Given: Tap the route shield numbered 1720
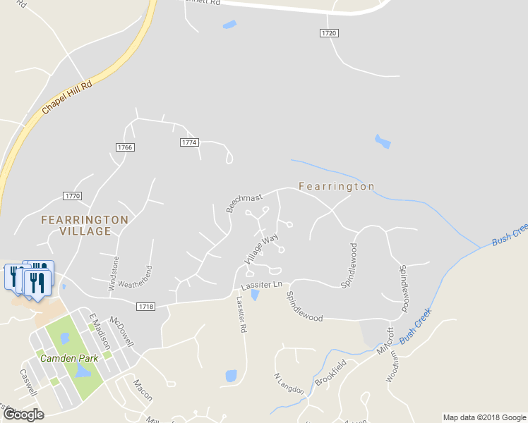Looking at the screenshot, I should point(329,33).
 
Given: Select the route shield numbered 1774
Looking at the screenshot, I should point(189,142).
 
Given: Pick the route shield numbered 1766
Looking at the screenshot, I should point(124,147).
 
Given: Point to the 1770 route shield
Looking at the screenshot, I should point(72,196).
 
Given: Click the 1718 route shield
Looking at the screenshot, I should point(145,306).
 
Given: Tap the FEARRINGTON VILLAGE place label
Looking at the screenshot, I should point(85,225).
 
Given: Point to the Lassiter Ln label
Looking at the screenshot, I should point(261,286).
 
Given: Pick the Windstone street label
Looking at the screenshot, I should point(114,273).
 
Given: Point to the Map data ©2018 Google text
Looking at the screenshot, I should point(484,417).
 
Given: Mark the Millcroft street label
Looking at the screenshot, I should point(385,341).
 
